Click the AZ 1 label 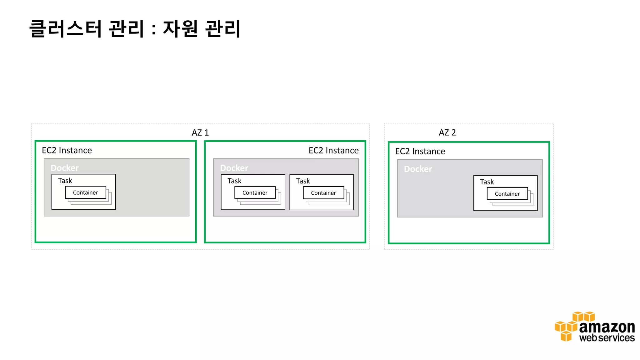(x=200, y=133)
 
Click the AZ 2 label (x=447, y=132)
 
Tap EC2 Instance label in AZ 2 (x=420, y=151)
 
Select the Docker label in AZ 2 (x=418, y=169)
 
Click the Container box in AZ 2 (x=507, y=194)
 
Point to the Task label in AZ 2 (x=487, y=182)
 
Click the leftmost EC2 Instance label (x=67, y=150)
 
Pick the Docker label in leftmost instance (x=65, y=168)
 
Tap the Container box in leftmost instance (x=85, y=192)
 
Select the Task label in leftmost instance (x=65, y=181)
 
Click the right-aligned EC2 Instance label (x=333, y=150)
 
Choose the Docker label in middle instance (x=234, y=168)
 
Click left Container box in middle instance (x=255, y=193)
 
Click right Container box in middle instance (x=323, y=193)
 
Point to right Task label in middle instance (x=303, y=181)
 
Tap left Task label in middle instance (x=234, y=181)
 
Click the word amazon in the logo (x=607, y=327)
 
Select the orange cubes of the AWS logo (x=567, y=327)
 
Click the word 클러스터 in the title (x=66, y=29)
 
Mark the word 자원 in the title (x=180, y=29)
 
